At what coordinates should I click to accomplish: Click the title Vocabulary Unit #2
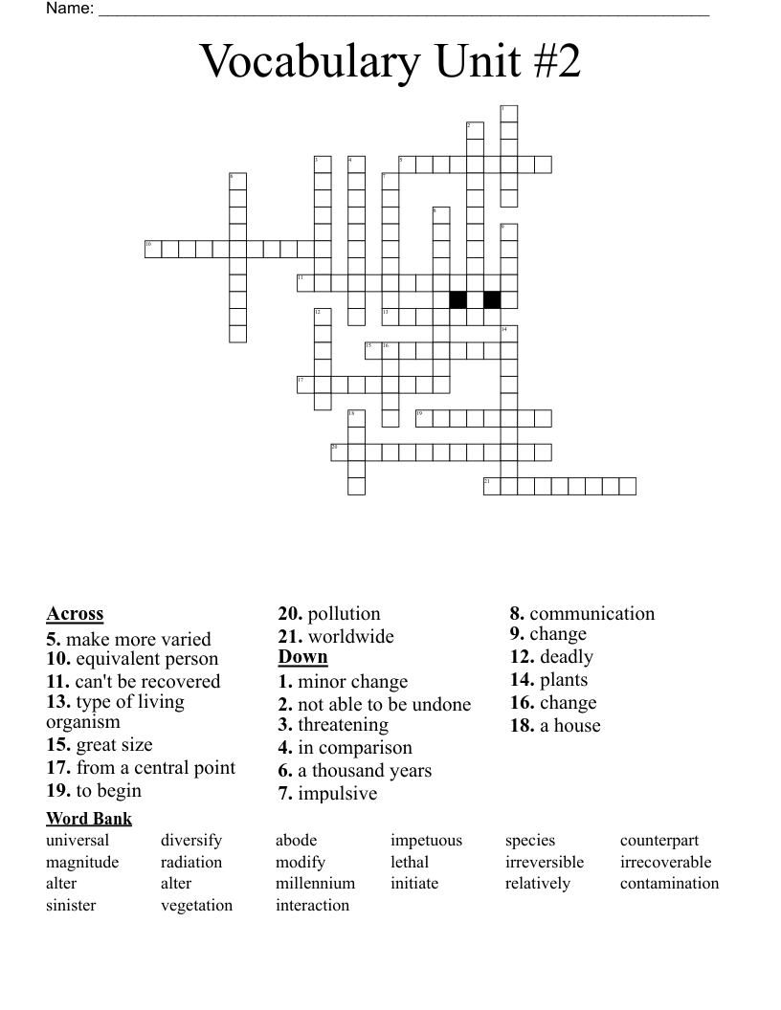click(x=390, y=63)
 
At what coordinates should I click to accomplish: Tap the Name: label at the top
click(x=69, y=9)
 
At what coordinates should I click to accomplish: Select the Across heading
click(x=75, y=614)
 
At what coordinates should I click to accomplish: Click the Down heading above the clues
click(x=302, y=657)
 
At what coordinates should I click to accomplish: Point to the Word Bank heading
click(x=89, y=819)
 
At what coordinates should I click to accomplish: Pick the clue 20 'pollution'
click(x=329, y=614)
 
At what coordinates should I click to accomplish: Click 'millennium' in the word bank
click(x=315, y=883)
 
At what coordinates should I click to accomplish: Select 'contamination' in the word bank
click(x=669, y=883)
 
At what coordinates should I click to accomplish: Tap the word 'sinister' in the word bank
click(x=71, y=905)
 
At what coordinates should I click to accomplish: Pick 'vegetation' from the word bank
click(x=196, y=905)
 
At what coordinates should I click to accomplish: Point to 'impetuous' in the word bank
click(x=426, y=841)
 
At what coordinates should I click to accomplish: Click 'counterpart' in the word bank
click(x=659, y=841)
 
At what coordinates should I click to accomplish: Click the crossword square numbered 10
click(x=152, y=250)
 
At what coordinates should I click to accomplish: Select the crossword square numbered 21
click(x=492, y=486)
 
